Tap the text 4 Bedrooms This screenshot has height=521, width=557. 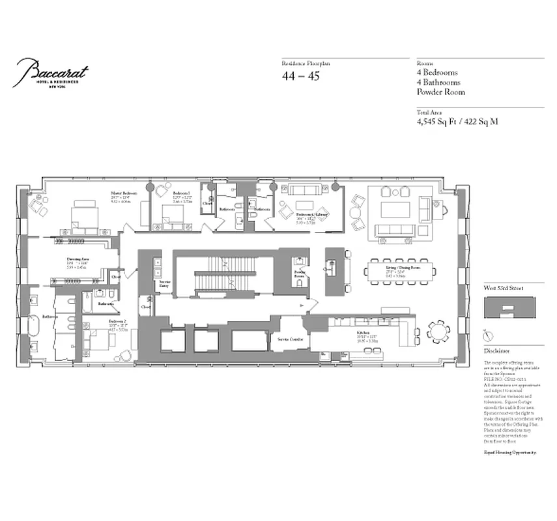[x=437, y=73]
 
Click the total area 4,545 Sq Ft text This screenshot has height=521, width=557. [x=457, y=121]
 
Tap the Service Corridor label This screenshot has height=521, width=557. [x=290, y=339]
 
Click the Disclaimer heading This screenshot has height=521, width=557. [x=497, y=350]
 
